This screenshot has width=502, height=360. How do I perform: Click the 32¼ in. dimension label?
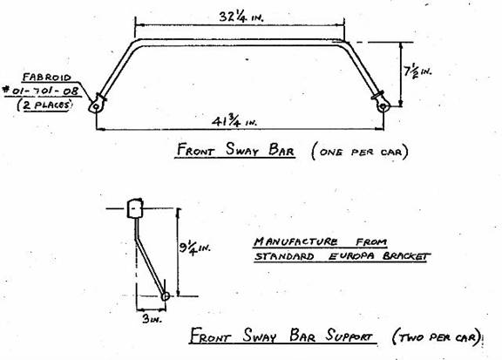click(241, 17)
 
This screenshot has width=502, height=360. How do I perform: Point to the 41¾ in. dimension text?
click(234, 122)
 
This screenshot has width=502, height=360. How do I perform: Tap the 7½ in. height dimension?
click(417, 71)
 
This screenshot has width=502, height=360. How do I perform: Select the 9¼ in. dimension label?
click(194, 248)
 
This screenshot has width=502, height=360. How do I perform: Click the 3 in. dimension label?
click(152, 319)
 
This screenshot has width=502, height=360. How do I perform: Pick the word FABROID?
click(47, 78)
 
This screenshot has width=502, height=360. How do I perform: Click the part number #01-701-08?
click(41, 91)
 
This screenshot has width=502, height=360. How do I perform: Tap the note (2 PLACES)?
click(44, 105)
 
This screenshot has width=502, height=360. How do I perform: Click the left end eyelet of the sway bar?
click(96, 105)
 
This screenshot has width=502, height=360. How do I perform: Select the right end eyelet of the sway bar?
click(383, 105)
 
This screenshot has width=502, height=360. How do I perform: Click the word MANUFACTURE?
click(295, 241)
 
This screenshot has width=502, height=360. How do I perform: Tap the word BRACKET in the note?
click(405, 256)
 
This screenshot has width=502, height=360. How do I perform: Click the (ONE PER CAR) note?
click(360, 152)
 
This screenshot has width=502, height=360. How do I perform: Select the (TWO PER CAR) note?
click(437, 337)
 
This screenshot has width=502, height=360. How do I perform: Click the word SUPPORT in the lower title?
click(349, 336)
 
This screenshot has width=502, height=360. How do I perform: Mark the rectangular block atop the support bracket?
click(135, 208)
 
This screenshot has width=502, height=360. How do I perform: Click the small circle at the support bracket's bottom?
click(166, 296)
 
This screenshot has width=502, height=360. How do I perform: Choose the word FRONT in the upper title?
click(195, 150)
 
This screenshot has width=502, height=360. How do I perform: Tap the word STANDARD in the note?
click(284, 256)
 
